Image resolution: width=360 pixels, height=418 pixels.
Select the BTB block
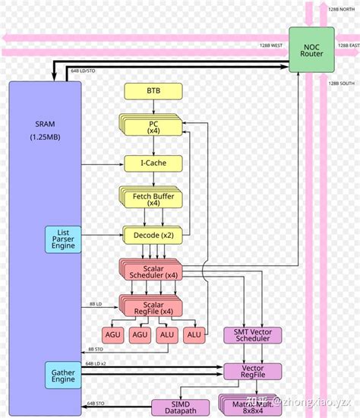tap(153, 92)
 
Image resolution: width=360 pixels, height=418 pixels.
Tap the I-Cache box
tap(153, 163)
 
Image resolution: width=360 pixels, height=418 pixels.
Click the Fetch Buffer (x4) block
tap(152, 198)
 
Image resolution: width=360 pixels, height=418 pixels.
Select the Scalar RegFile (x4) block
tap(149, 306)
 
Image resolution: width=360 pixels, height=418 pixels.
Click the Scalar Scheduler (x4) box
tap(149, 271)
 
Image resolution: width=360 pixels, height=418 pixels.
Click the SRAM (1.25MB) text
tap(44, 130)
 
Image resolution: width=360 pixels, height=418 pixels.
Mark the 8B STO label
tap(96, 350)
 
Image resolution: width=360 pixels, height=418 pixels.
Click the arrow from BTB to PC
tap(153, 108)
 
